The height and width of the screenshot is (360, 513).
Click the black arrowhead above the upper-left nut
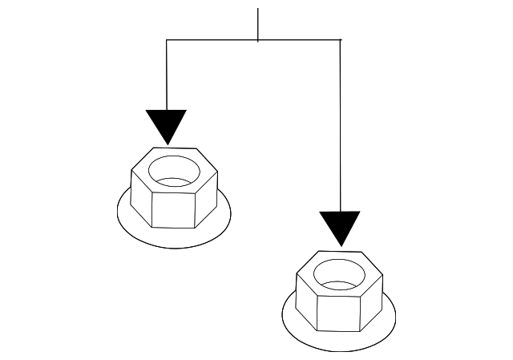167,124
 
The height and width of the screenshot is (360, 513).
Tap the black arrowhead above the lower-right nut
340,225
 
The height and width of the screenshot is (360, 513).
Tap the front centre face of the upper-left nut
173,208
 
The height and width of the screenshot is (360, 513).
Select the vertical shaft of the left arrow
167,76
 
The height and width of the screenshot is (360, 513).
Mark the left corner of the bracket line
167,39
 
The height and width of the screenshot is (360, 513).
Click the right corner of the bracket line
340,39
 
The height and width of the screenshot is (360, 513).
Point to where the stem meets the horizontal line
258,39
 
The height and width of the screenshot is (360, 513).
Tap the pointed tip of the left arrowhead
167,144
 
